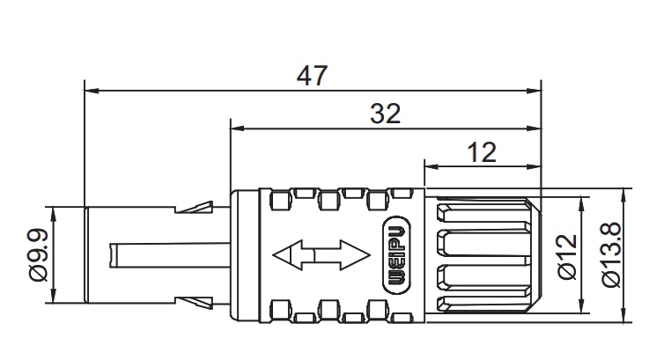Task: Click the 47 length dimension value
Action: tap(312, 76)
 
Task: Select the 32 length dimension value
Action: tap(386, 114)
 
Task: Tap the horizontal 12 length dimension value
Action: tap(482, 152)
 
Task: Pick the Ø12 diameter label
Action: tap(567, 257)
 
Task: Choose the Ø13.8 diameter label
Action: tap(611, 255)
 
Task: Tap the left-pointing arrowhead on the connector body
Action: tap(288, 255)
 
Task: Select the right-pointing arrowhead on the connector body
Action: tap(355, 255)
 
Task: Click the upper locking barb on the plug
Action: tap(195, 207)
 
